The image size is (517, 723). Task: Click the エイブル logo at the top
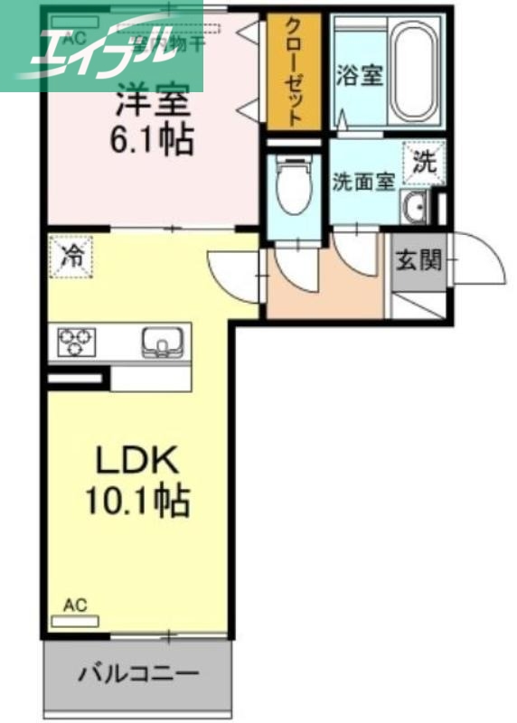pos(101,47)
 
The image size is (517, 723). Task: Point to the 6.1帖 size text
pos(154,140)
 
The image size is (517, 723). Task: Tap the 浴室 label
pos(361,75)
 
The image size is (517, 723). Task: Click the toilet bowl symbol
pos(292,185)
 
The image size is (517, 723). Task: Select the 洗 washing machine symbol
pos(424,163)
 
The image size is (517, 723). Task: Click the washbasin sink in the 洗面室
pos(415,209)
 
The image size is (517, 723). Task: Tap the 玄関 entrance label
pos(418,261)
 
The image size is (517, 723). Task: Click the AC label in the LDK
pos(75,606)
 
